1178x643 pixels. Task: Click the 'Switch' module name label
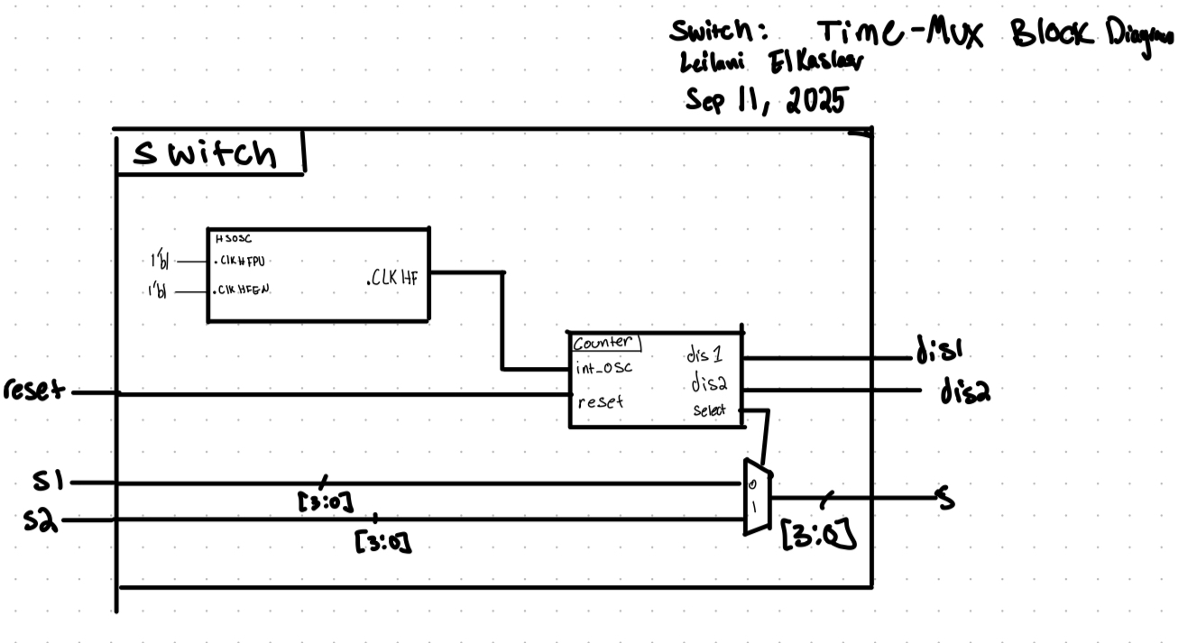(x=204, y=154)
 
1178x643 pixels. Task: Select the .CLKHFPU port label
(x=244, y=262)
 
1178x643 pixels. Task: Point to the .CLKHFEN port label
(x=244, y=291)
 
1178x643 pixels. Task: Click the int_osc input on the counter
(x=603, y=369)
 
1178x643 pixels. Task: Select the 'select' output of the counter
(x=710, y=410)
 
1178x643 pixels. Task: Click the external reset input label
(x=33, y=390)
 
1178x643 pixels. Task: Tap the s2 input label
(x=40, y=519)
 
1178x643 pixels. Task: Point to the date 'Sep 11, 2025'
(x=766, y=101)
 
